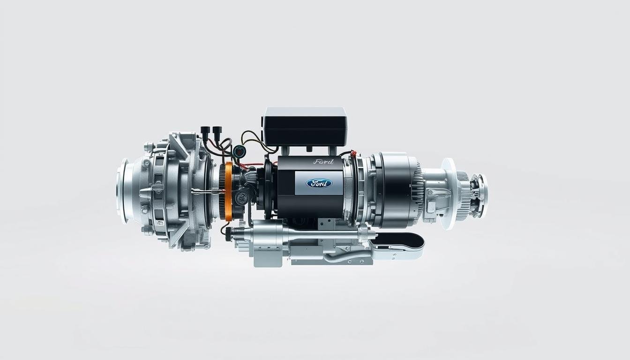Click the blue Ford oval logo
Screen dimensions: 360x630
click(x=319, y=183)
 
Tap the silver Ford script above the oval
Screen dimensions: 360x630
click(x=322, y=162)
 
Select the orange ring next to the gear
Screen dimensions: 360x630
click(x=229, y=191)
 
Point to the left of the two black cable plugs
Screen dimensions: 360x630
click(x=205, y=131)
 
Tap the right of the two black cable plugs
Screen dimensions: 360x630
click(x=217, y=131)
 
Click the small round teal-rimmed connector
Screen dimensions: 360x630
click(x=240, y=151)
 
